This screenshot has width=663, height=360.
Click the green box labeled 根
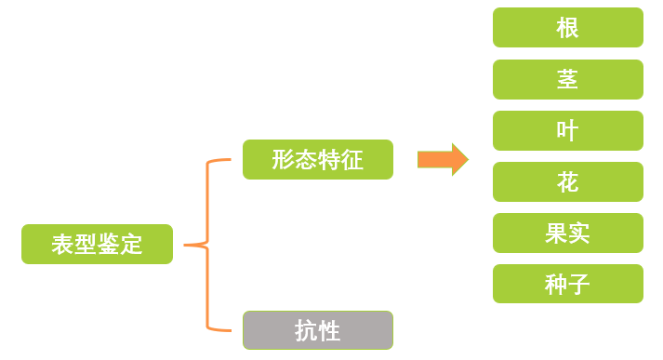coord(567,28)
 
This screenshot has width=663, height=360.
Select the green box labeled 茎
coord(567,80)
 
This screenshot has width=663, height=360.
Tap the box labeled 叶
coord(567,131)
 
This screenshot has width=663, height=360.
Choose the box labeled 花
coord(567,182)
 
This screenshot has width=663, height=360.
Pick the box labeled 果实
coord(567,233)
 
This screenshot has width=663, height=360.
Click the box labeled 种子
coord(567,284)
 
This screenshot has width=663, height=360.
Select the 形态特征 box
coord(317,160)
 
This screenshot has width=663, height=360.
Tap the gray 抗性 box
coord(317,330)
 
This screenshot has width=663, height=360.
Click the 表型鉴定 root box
coord(97,245)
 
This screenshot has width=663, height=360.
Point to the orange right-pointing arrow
coord(442,159)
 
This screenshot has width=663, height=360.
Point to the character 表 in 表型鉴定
coord(63,245)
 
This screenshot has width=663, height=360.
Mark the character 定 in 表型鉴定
coord(131,245)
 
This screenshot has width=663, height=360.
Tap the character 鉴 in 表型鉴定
coord(109,245)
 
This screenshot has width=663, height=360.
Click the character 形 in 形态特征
coord(284,160)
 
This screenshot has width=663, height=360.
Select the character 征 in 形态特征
coord(351,160)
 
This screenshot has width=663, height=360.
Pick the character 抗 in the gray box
coord(306,330)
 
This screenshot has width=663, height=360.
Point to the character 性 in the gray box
coord(329,330)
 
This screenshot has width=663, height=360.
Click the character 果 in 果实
coord(556,233)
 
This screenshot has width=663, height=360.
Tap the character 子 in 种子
coord(578,284)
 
